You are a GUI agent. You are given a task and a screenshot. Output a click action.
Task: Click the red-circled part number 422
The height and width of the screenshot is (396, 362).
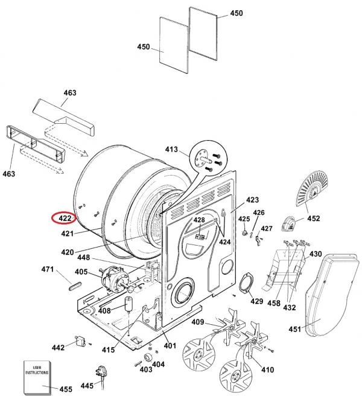65,218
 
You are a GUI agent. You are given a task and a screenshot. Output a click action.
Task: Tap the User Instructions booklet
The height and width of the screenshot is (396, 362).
37,377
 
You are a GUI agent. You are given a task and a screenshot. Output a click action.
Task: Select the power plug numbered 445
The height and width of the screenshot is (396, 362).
101,375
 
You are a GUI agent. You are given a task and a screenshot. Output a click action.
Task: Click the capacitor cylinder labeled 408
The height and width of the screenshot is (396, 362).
129,304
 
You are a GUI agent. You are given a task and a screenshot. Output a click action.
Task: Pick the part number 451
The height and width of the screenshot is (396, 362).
295,329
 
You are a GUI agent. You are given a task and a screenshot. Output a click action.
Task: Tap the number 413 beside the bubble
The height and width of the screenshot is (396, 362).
171,150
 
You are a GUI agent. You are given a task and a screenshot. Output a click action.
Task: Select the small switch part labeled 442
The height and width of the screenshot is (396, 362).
80,341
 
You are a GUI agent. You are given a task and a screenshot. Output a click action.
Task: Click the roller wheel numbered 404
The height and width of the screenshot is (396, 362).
147,357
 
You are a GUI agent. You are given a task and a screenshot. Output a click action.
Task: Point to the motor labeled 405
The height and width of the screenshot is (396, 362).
113,279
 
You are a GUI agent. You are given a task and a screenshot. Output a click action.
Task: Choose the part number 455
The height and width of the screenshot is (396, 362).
66,389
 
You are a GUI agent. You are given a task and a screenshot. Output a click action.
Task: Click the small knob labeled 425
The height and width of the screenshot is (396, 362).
244,232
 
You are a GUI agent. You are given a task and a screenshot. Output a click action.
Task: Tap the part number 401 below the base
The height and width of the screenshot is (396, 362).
170,345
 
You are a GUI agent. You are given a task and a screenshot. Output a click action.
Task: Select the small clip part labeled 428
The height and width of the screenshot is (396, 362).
200,237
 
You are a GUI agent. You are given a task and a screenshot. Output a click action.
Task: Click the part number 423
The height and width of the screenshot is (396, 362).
252,200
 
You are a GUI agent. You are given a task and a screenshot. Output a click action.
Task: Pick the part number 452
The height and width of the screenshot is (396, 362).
313,218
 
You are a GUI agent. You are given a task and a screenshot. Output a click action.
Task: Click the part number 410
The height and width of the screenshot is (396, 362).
267,369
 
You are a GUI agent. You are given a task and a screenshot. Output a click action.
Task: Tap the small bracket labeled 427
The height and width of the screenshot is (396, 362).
258,240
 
